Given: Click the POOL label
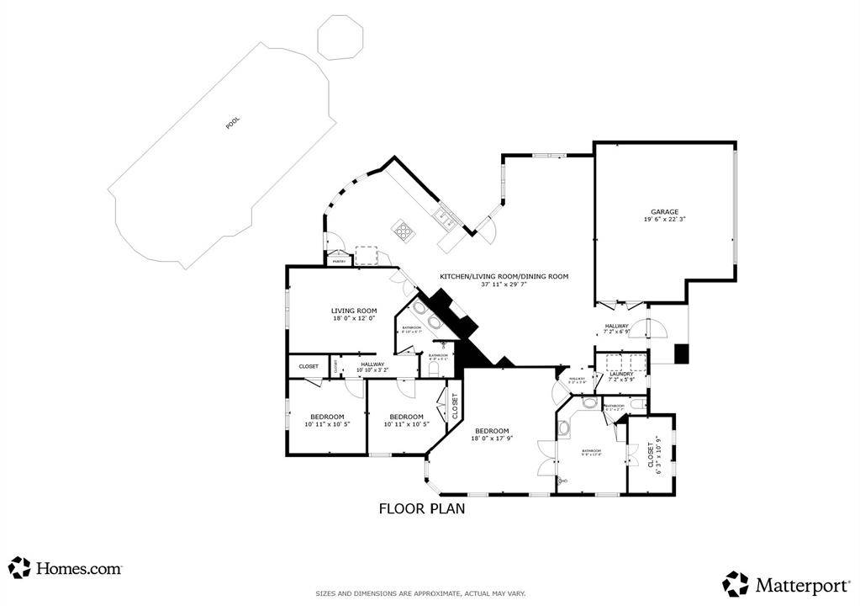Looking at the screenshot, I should [233, 123].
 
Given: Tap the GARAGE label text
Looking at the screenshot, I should [663, 212].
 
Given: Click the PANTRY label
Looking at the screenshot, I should [340, 262].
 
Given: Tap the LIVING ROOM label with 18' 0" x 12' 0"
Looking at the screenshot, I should [353, 311].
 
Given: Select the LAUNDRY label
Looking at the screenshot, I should [621, 374].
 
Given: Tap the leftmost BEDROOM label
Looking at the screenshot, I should [327, 417].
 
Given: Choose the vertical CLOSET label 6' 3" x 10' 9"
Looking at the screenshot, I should [653, 455].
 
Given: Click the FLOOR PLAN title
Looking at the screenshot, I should [421, 508].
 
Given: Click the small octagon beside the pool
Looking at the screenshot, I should [340, 40].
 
